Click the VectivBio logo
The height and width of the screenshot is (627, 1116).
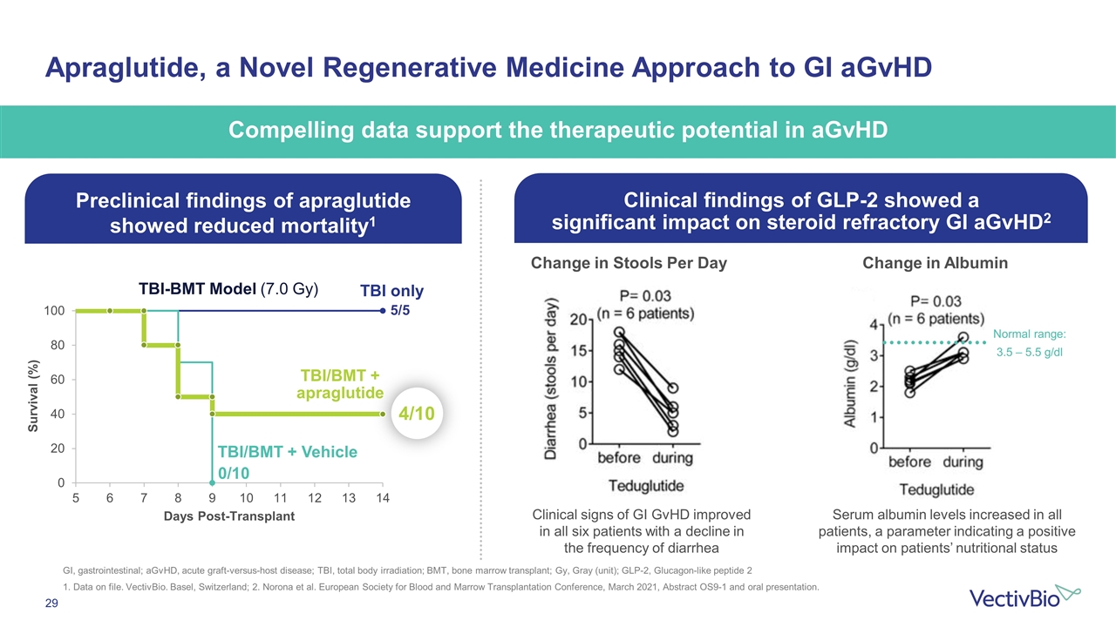pos(1024,597)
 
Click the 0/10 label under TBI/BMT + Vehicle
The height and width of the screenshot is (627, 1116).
pos(234,473)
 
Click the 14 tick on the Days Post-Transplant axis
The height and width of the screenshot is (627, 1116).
pos(382,498)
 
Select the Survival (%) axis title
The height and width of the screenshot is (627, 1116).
pos(32,396)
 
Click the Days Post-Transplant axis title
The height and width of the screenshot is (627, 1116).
pos(228,516)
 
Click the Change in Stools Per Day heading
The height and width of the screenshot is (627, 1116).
pos(629,264)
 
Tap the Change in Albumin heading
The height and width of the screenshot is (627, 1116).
pos(935,264)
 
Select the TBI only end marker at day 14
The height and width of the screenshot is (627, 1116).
pos(382,311)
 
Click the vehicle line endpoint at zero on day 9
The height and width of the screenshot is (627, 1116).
pos(212,482)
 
